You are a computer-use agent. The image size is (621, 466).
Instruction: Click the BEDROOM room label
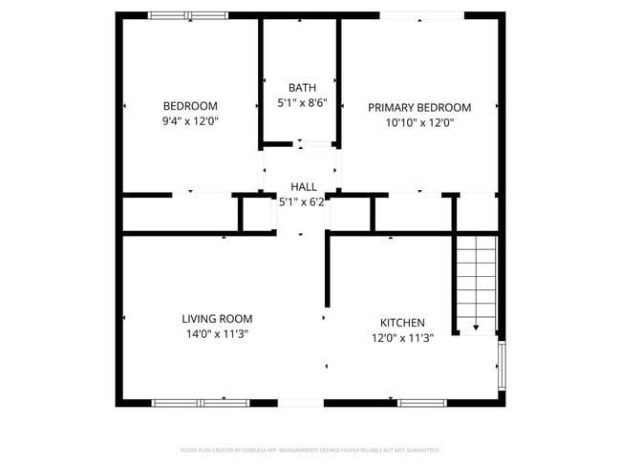190,106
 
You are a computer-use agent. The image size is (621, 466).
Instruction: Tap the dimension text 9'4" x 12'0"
190,121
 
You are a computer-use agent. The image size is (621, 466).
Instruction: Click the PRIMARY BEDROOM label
419,107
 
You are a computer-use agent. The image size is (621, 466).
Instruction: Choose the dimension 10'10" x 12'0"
419,122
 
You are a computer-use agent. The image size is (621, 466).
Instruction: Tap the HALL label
303,187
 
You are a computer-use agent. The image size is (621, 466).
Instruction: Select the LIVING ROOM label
218,319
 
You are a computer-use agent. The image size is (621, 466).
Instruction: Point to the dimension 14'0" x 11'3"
218,334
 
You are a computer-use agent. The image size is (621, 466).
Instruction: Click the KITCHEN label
402,323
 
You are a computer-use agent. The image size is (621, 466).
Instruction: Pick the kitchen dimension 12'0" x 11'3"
402,338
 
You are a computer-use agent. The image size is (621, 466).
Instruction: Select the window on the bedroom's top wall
188,15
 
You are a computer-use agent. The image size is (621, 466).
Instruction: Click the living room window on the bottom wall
201,403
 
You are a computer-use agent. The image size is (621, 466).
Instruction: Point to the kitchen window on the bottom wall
421,403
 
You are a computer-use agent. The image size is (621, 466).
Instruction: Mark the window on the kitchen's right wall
503,366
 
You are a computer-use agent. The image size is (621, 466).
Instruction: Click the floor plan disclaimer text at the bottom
310,450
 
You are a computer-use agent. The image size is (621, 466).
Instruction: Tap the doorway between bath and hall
301,145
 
